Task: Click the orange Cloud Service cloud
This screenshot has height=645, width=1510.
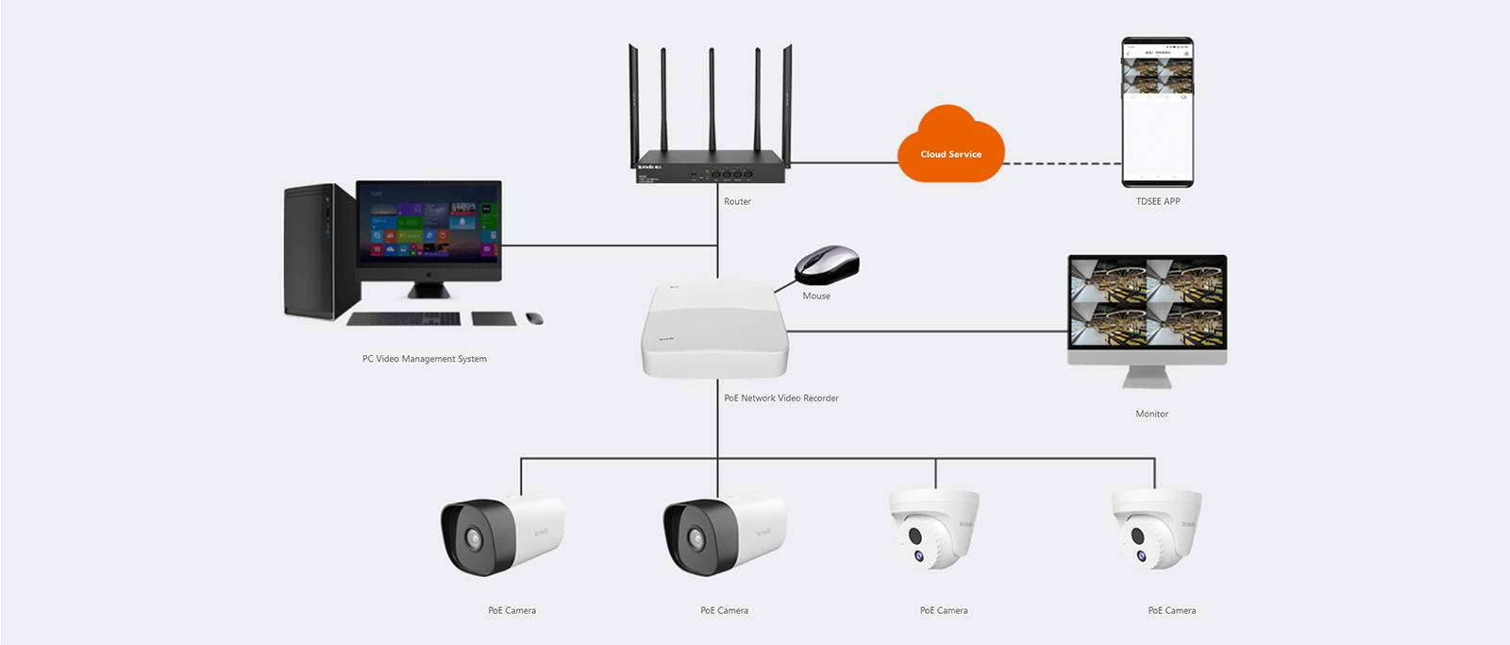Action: coord(950,146)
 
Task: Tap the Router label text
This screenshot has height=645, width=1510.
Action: coord(737,201)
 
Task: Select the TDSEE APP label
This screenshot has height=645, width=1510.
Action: coord(1157,201)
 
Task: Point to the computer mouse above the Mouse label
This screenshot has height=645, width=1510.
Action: coord(827,263)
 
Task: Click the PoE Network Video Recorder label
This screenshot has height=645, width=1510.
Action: coord(780,398)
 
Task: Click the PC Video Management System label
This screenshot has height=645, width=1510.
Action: coord(424,359)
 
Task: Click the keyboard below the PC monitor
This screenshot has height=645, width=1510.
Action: coord(403,319)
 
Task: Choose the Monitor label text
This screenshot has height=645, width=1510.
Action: coord(1151,414)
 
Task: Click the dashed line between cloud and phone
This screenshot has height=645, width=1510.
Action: coord(1062,163)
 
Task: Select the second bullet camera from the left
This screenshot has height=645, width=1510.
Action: coord(724,535)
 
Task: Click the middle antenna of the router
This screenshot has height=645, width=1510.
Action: coord(712,104)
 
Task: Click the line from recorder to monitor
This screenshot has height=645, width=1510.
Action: coord(925,331)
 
